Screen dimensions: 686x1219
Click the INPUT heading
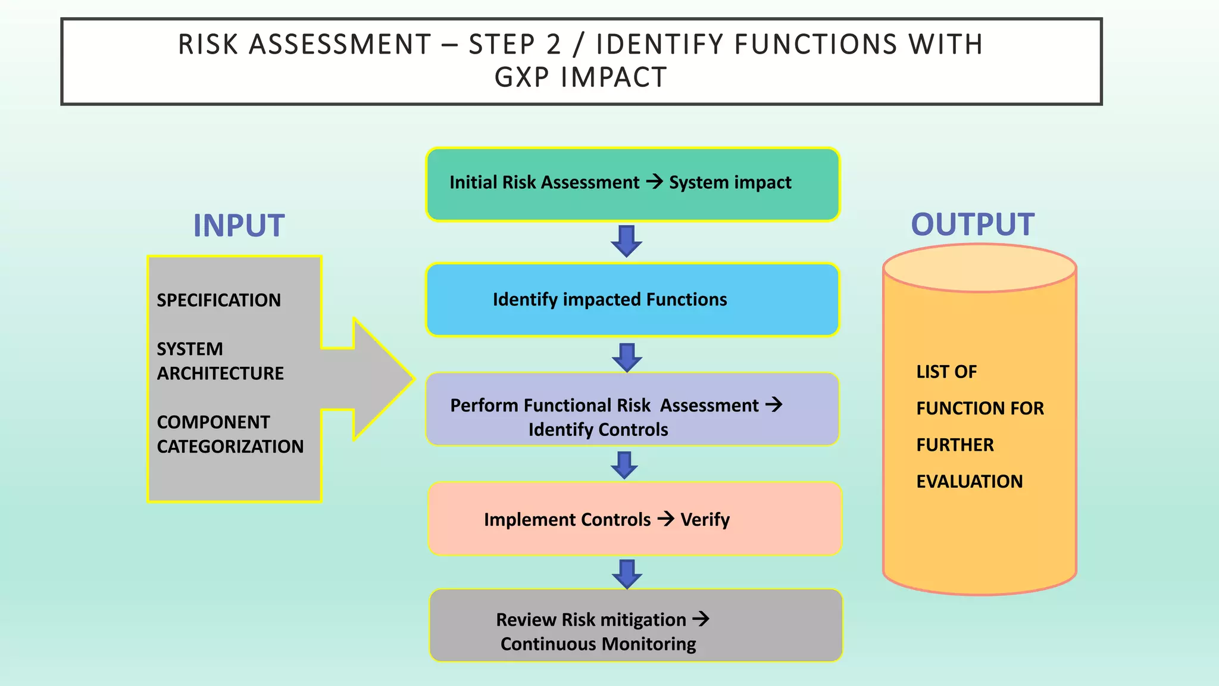point(239,226)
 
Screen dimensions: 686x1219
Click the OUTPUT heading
point(972,224)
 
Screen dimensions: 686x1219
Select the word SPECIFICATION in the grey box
point(218,300)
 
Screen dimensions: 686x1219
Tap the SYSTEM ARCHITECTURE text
point(220,361)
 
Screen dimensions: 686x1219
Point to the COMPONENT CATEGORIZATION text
point(230,434)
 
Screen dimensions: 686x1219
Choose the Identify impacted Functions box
point(632,300)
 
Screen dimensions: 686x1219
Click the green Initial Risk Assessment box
point(632,184)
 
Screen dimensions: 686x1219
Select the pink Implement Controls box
point(634,519)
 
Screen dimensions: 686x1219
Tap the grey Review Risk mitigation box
point(636,625)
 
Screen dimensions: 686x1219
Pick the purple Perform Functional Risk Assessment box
point(632,410)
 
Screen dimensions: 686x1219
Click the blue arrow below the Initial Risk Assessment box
point(626,241)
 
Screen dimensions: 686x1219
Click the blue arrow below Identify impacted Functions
point(627,357)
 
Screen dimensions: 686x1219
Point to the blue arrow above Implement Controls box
point(624,465)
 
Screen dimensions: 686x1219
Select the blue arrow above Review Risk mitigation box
point(627,574)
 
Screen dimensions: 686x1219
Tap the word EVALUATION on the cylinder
point(969,481)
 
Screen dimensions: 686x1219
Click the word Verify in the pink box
point(705,520)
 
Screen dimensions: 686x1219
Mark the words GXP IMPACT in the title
point(580,77)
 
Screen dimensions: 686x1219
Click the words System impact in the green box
point(730,182)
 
